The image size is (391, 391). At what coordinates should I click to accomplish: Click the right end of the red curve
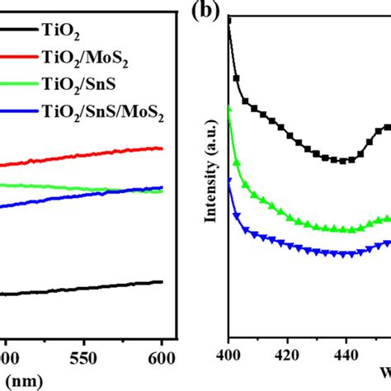point(162,148)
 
